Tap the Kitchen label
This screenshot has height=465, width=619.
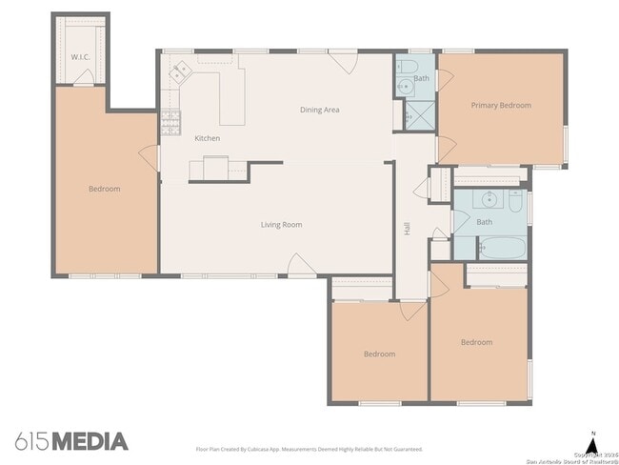point(207,138)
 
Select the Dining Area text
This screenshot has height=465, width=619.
point(319,110)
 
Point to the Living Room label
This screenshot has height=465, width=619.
point(281,225)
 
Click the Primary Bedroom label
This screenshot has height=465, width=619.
point(501,105)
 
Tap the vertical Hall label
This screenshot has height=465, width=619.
point(407,229)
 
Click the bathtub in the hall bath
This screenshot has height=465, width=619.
point(501,251)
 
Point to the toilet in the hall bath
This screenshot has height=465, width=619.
point(515,201)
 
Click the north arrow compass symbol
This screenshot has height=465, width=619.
point(592,442)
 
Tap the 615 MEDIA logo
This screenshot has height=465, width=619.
point(71,441)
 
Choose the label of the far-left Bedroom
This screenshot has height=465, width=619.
point(104,189)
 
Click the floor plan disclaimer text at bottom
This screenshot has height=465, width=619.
point(309,448)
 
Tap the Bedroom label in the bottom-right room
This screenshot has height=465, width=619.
point(476,342)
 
